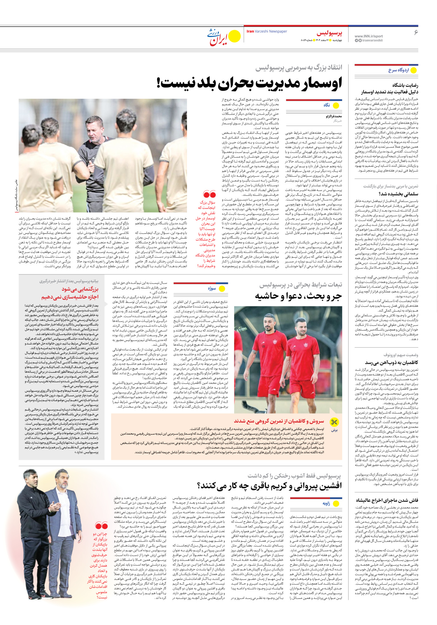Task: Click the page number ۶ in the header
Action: pyautogui.click(x=416, y=33)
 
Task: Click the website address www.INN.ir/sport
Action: pyautogui.click(x=368, y=36)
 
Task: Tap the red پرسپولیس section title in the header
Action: pyautogui.click(x=329, y=33)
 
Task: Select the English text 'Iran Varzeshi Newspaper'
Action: pyautogui.click(x=267, y=32)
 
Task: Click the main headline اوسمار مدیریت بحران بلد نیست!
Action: pyautogui.click(x=249, y=83)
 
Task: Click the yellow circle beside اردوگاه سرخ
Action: pyautogui.click(x=414, y=70)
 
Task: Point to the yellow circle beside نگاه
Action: pyautogui.click(x=336, y=105)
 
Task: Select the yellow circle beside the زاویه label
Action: pyautogui.click(x=336, y=504)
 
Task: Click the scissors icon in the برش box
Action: pyautogui.click(x=335, y=422)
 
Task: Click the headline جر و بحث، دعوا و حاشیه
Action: pyautogui.click(x=298, y=296)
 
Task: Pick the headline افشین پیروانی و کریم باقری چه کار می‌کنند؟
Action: pyautogui.click(x=269, y=486)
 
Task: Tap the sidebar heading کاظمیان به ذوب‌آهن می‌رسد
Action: pyautogui.click(x=391, y=362)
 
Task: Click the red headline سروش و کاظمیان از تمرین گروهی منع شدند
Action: pyautogui.click(x=279, y=421)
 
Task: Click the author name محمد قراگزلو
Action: pyautogui.click(x=334, y=116)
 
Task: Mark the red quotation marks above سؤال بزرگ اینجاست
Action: pyautogui.click(x=209, y=194)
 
